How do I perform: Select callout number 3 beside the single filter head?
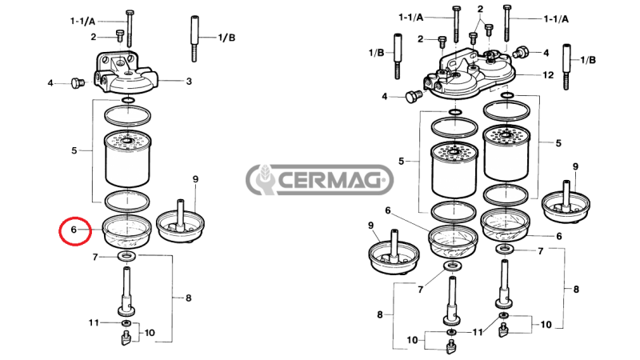coord(189,81)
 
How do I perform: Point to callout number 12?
coord(548,74)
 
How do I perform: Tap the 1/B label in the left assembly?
coord(227,38)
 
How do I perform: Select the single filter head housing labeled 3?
coord(128,70)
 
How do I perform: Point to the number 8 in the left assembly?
coord(189,298)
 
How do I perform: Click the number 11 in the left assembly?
coord(94,322)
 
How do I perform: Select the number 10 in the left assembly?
coord(150,331)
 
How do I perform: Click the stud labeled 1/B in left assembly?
coord(194,38)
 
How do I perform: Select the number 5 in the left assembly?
coord(74,150)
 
